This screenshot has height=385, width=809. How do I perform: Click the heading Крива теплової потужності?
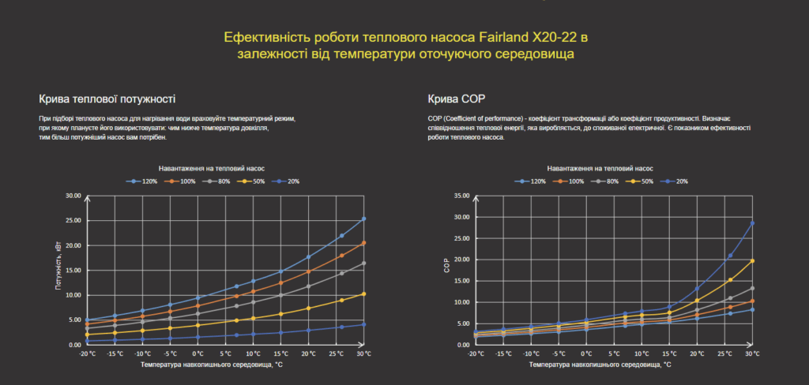[x=107, y=99]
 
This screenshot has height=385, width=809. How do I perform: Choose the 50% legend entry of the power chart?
[x=254, y=181]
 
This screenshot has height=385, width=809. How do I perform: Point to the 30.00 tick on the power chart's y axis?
[x=73, y=196]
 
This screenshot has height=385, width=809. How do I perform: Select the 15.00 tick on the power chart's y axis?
[x=73, y=271]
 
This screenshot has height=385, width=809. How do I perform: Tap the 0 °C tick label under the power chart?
[x=198, y=354]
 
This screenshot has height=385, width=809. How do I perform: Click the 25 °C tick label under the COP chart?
[x=724, y=354]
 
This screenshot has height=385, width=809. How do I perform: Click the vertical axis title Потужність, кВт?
[x=58, y=268]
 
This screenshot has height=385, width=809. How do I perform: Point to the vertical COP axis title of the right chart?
[x=446, y=269]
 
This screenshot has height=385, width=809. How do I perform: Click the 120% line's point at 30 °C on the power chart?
[x=363, y=219]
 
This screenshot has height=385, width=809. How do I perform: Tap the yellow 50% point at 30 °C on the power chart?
[x=363, y=293]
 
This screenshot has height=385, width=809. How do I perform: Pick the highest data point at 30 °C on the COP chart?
[x=751, y=223]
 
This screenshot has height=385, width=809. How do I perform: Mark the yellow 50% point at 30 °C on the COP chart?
[x=751, y=260]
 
